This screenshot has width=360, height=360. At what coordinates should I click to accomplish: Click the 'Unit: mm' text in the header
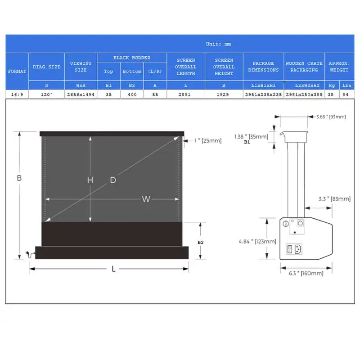click(x=218, y=44)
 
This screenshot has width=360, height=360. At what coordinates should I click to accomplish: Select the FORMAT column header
click(x=17, y=72)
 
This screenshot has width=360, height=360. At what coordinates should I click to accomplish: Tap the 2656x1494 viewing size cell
click(x=81, y=94)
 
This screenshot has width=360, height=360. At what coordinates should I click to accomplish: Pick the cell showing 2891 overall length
click(x=184, y=94)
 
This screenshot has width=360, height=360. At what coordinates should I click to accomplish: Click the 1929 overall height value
click(x=223, y=94)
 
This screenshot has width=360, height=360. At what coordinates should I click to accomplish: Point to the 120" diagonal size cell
click(x=47, y=94)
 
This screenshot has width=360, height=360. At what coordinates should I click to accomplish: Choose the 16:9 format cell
click(x=17, y=94)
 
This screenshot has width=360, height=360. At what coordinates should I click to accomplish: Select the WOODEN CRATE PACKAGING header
click(x=304, y=67)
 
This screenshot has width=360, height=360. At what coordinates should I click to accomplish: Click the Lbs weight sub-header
click(x=346, y=85)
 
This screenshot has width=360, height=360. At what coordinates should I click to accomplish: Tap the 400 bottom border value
click(x=132, y=94)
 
